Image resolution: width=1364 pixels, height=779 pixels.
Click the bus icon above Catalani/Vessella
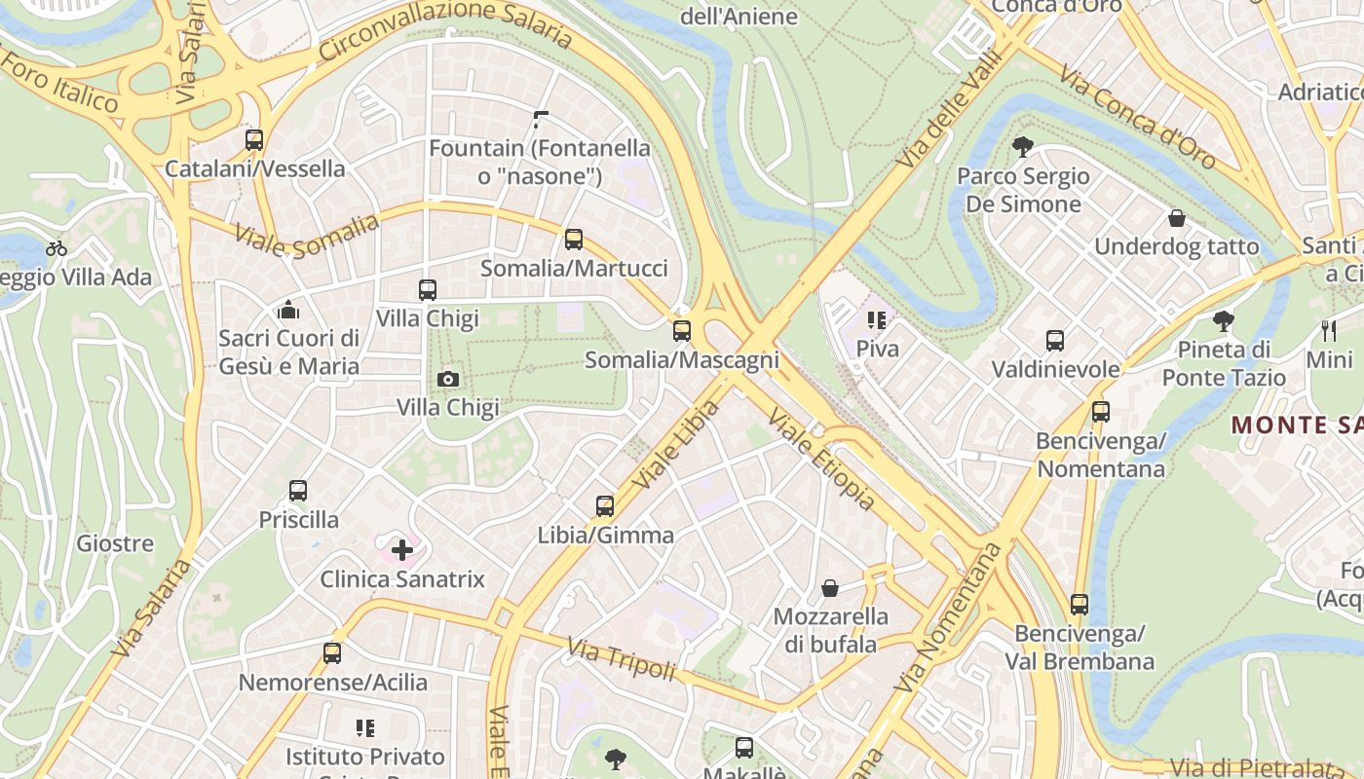point(254,140)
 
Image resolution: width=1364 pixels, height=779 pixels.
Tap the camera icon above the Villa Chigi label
point(448,379)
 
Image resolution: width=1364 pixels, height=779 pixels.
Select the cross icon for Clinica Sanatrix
point(401,551)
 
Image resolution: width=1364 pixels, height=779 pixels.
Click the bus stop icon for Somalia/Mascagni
point(682,331)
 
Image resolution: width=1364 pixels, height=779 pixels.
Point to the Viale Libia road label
point(675,444)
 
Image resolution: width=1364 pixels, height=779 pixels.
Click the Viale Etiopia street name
point(821,460)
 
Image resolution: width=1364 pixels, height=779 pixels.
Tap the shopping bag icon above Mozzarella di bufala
point(830,588)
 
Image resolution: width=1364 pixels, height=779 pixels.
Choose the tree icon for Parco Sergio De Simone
point(1022,148)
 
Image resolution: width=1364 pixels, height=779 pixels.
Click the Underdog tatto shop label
point(1176,246)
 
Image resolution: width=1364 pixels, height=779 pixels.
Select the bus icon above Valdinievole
point(1055,341)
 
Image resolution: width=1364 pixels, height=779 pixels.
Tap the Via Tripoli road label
point(622,659)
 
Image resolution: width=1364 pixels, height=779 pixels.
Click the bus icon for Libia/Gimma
point(605,506)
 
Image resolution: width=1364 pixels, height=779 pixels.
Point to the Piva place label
point(877,348)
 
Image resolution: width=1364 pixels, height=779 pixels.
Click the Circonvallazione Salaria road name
point(445,30)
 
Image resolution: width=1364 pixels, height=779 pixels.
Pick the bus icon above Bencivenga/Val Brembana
point(1080,605)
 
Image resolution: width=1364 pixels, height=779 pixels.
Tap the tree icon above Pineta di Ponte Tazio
point(1224,320)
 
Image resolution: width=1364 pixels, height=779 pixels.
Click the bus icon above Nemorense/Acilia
point(332,653)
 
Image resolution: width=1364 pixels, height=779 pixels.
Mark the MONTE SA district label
point(1296,425)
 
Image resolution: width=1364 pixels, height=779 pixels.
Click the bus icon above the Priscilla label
point(298,491)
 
